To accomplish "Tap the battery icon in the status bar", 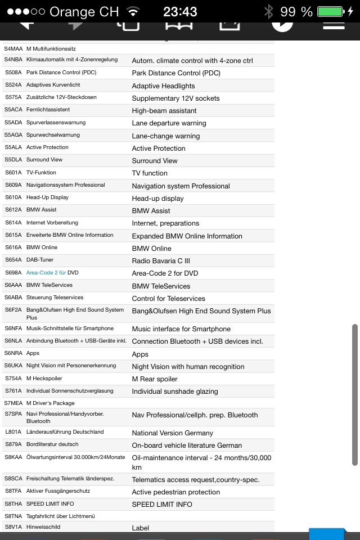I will [x=330, y=11].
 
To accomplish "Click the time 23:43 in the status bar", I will [x=180, y=11].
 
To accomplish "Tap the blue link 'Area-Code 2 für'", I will [x=46, y=273].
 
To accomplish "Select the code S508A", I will [x=13, y=73].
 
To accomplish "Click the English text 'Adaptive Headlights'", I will [x=163, y=86].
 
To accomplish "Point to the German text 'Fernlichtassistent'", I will [x=48, y=110].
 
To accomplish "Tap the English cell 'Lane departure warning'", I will [x=169, y=123].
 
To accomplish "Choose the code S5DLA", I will [x=13, y=160].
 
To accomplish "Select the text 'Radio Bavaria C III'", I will [x=161, y=261].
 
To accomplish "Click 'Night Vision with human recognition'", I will [x=188, y=367].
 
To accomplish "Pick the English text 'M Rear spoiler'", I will [x=155, y=379].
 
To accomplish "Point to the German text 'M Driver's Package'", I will [x=50, y=403].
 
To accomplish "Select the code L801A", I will [x=13, y=432].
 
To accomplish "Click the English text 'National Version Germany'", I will [x=172, y=433].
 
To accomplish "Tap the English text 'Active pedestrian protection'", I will [x=175, y=492].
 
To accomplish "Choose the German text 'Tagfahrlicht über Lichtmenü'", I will [x=60, y=516].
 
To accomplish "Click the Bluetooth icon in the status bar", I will [x=269, y=11].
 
